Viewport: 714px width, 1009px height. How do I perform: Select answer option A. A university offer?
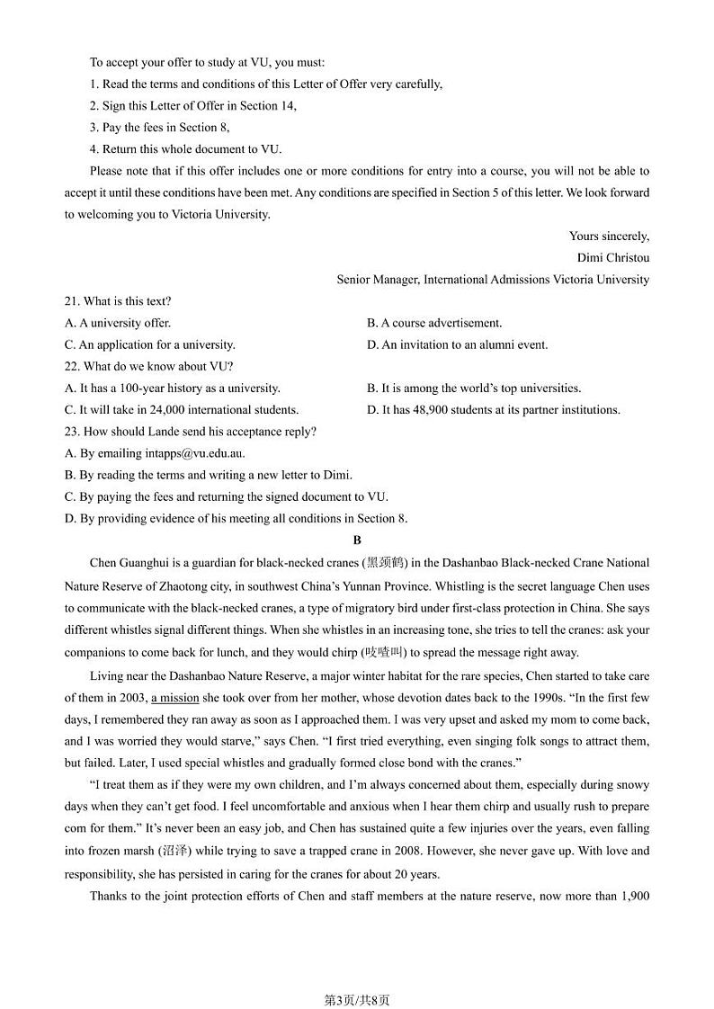point(118,323)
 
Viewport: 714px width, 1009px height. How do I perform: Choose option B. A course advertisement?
point(434,323)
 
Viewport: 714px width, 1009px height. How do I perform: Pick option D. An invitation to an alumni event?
point(457,344)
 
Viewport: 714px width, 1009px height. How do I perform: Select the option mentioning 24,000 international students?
point(182,409)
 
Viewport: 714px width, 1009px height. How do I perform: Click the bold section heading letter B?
point(357,540)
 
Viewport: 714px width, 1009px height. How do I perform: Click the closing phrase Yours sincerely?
point(609,236)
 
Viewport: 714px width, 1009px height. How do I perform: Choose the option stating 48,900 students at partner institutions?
point(494,409)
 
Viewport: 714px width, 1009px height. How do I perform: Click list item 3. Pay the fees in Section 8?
point(159,128)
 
